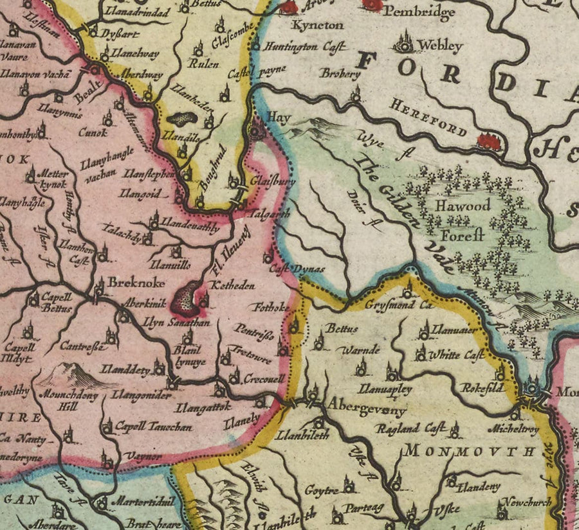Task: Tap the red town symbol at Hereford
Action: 490,141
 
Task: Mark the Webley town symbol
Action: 405,42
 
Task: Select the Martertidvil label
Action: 135,501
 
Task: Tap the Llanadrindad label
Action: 140,13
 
